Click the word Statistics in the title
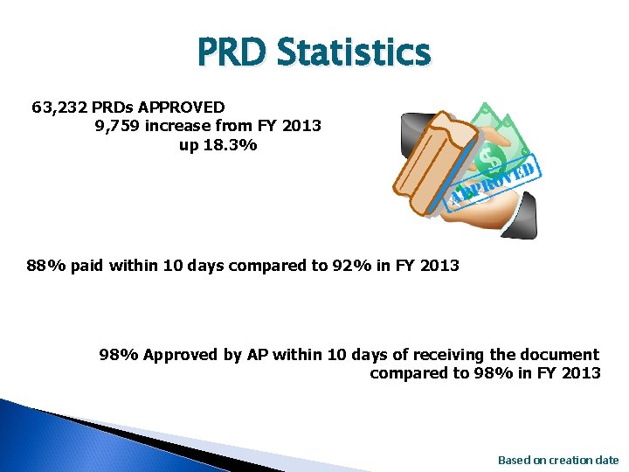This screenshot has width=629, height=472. [354, 52]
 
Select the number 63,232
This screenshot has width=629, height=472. [59, 108]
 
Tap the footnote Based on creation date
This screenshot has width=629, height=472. [557, 460]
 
